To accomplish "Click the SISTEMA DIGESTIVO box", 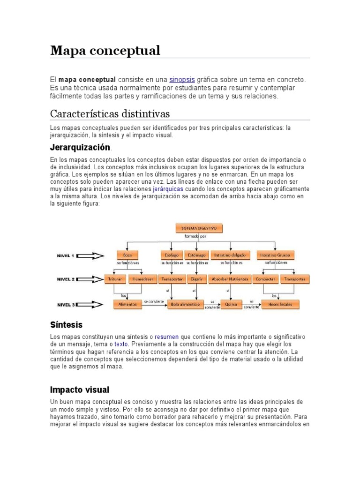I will pos(199,228).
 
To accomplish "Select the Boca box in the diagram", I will pos(127,255).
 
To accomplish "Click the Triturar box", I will pos(115,279).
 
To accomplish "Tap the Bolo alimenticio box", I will pos(185,304).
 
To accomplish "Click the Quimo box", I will pos(231,304).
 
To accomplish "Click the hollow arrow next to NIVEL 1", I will pos(93,256).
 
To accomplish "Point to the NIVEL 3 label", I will pos(65,305).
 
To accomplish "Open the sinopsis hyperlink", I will pos(182,79).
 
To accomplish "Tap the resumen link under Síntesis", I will pos(166,337).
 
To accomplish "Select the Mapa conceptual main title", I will pos(105,50).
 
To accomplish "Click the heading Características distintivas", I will pos(110,114).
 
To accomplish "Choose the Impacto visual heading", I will pos(79,390).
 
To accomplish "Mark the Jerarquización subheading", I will pos(80,147).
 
